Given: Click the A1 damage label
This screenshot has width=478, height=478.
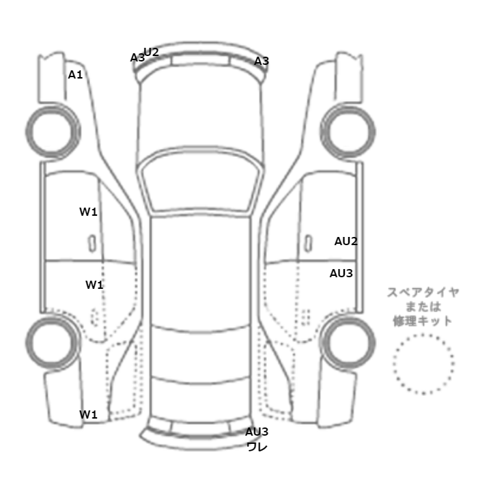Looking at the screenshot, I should [x=75, y=74].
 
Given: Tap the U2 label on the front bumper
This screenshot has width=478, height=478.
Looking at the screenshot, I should [x=152, y=52].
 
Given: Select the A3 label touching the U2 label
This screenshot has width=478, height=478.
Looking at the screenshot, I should [x=137, y=58].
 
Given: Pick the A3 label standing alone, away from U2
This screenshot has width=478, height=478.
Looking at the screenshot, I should [x=262, y=61].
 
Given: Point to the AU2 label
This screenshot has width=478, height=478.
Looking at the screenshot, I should [x=346, y=241].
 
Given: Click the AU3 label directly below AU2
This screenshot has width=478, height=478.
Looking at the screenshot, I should [x=341, y=273].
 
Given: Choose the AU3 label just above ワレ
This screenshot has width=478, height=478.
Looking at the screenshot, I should [x=257, y=432].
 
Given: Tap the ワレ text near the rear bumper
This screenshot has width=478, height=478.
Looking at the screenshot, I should [x=257, y=447].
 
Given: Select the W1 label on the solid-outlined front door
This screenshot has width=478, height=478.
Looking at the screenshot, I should [x=89, y=212].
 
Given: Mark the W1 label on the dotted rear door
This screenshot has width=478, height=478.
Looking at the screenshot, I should [x=94, y=284].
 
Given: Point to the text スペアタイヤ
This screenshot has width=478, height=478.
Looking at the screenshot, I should [x=423, y=292].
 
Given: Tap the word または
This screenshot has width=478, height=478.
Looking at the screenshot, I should [x=423, y=307].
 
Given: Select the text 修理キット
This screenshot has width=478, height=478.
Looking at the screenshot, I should [x=423, y=321].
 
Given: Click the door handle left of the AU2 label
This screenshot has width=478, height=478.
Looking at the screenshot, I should [x=309, y=242].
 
